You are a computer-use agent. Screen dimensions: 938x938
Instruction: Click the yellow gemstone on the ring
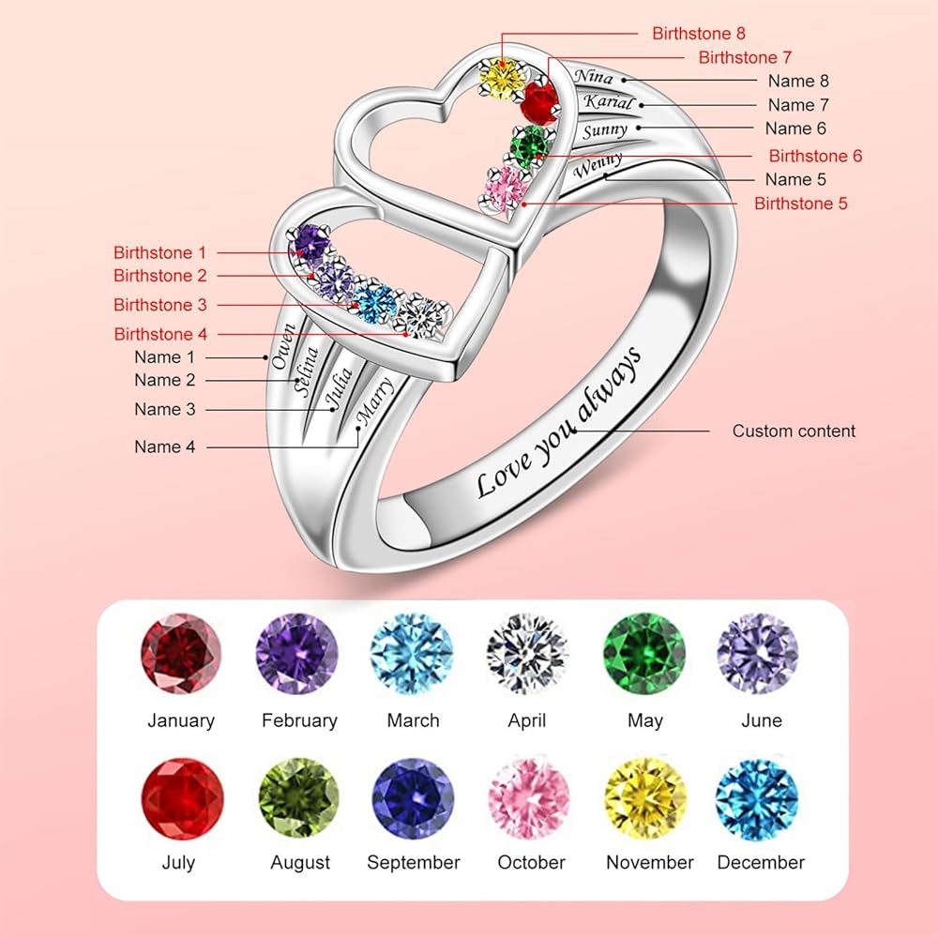[503, 79]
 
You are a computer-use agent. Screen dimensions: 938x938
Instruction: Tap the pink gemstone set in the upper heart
[507, 189]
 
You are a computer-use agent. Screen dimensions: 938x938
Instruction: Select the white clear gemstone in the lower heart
[422, 316]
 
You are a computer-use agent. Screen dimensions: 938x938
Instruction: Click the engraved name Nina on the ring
[594, 77]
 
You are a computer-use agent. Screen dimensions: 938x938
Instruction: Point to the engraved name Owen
[283, 346]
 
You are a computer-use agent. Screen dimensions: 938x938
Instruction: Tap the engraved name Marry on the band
[374, 401]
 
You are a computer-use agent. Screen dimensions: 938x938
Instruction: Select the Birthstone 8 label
[699, 34]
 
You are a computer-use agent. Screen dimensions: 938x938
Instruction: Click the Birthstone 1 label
[159, 252]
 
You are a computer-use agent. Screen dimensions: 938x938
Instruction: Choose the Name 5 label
[795, 179]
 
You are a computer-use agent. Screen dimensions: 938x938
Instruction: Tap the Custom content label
[794, 431]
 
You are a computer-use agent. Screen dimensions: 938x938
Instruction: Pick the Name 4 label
[164, 446]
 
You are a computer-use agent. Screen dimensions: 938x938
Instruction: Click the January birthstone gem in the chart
[181, 653]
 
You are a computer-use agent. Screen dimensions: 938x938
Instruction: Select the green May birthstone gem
[644, 653]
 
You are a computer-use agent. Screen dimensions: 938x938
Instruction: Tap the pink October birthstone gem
[529, 799]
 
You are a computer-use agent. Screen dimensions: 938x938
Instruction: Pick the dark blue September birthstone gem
[414, 799]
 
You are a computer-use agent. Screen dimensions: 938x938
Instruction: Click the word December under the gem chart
[761, 862]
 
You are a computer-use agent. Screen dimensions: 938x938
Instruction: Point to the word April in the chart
[527, 720]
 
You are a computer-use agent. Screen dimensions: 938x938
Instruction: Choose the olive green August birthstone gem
[299, 798]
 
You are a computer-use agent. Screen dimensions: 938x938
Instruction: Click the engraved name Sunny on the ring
[605, 130]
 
